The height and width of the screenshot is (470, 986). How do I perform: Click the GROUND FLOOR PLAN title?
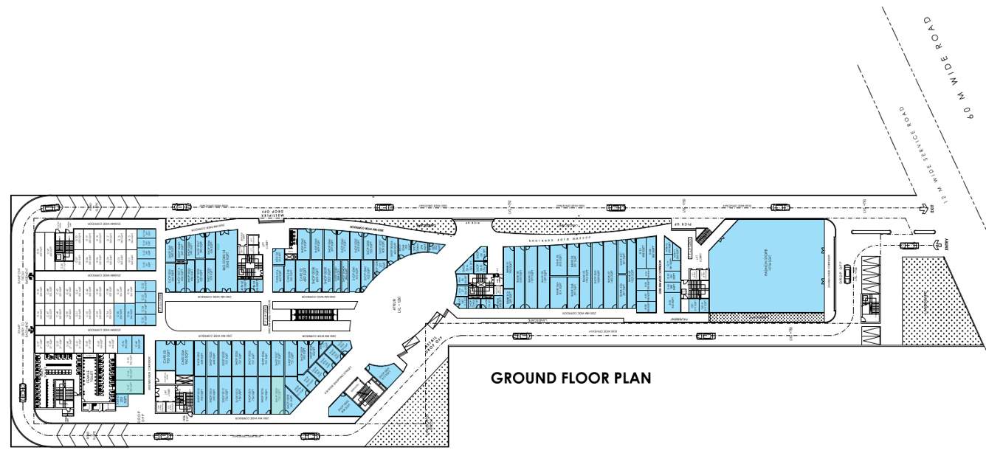(x=571, y=379)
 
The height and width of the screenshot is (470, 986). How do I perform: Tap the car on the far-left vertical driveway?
(x=23, y=392)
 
